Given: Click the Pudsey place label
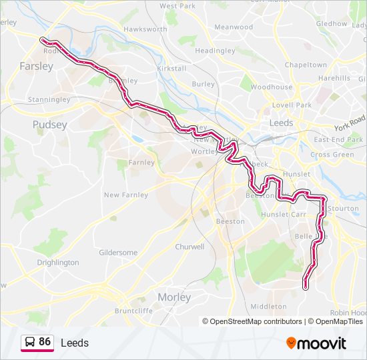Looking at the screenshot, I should (x=49, y=125).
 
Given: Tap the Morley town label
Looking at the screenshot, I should (x=173, y=297).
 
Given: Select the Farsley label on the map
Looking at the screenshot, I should (x=37, y=66).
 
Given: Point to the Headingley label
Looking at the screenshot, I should (x=215, y=51).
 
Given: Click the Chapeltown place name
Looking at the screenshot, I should (x=305, y=65).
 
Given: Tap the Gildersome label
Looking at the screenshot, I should (x=118, y=253).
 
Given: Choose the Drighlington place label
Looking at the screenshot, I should (x=58, y=263).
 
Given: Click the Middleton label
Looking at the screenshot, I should (x=268, y=307).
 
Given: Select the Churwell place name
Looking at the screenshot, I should (x=190, y=247).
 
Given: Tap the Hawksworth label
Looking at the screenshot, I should (x=145, y=29).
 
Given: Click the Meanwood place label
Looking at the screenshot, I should (x=233, y=27).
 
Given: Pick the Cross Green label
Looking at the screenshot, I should (x=332, y=155).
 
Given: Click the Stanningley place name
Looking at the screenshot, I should (x=49, y=100).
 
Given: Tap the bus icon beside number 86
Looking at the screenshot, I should (x=29, y=343).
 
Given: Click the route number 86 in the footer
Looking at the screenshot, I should (x=45, y=342).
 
